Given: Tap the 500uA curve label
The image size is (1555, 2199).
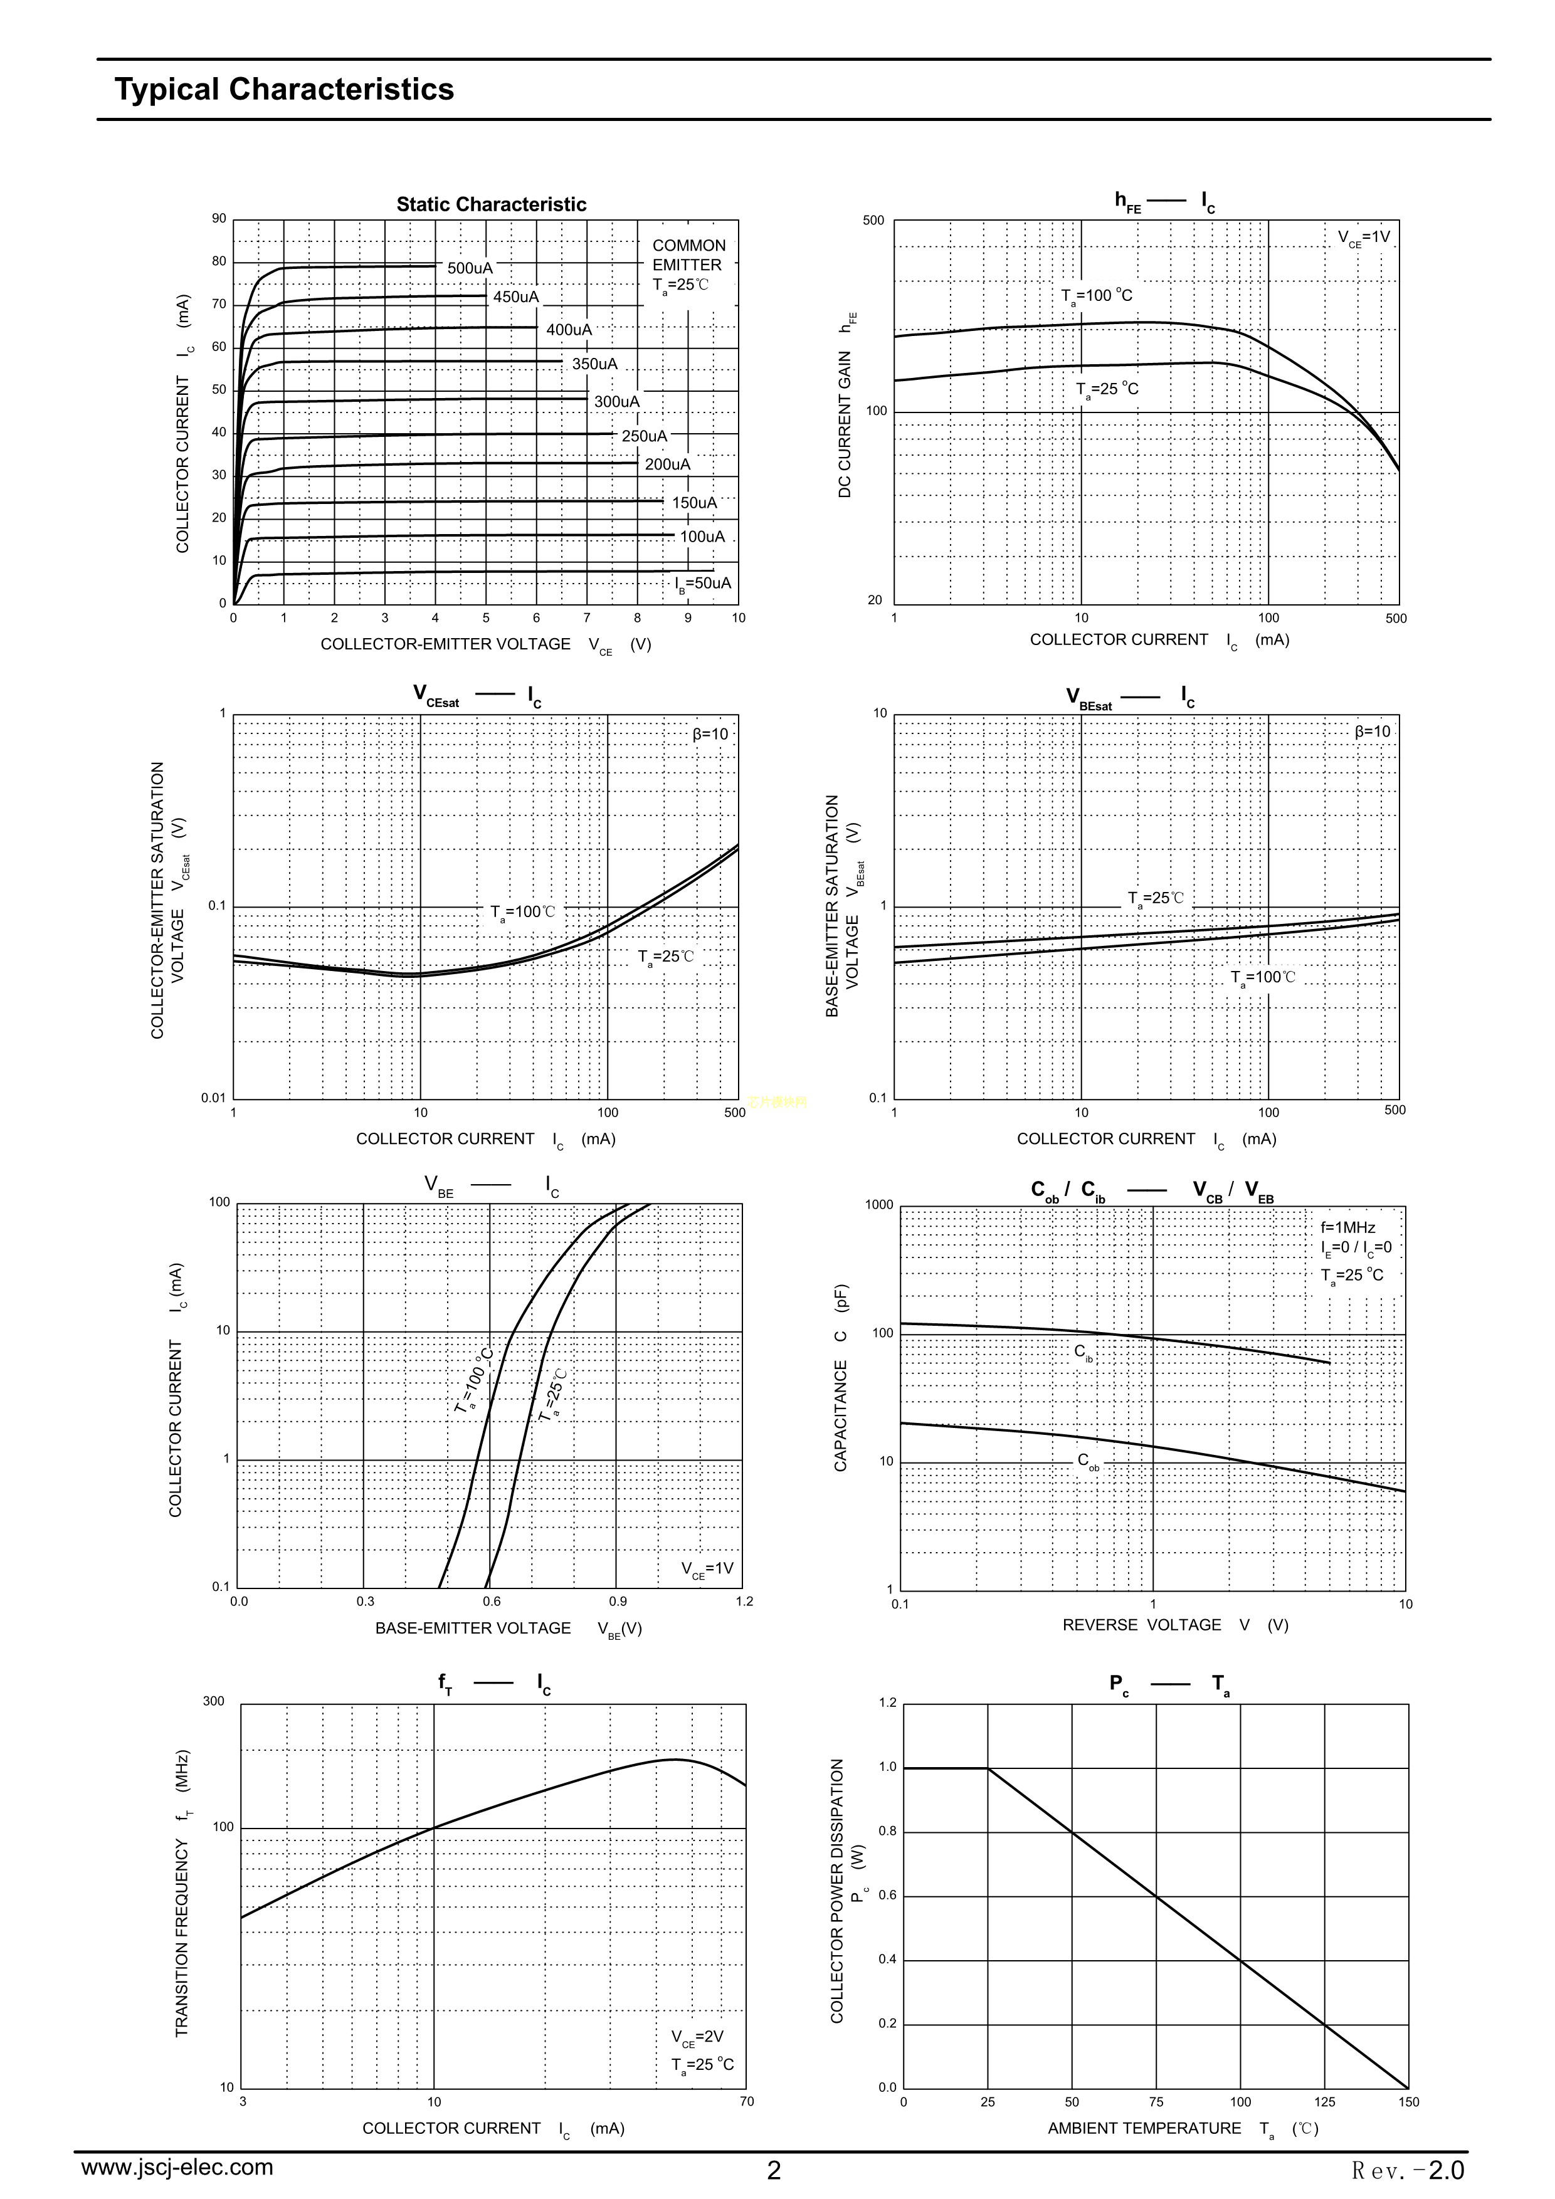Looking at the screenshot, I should (470, 268).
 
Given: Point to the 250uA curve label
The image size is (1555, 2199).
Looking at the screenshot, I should (644, 436).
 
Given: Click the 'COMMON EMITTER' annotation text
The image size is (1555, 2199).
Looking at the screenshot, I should (688, 255).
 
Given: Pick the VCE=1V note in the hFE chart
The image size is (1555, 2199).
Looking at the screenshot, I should (1363, 238).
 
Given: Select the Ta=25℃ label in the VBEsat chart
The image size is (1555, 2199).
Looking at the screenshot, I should (1156, 898).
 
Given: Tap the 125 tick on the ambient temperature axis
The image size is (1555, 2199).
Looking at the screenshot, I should (1324, 2101).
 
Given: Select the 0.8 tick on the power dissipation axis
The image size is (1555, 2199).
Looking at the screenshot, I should (887, 1831).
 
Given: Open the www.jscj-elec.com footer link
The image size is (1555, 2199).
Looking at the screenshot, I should (177, 2166).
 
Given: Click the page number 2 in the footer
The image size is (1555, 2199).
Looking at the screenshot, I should (774, 2170).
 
